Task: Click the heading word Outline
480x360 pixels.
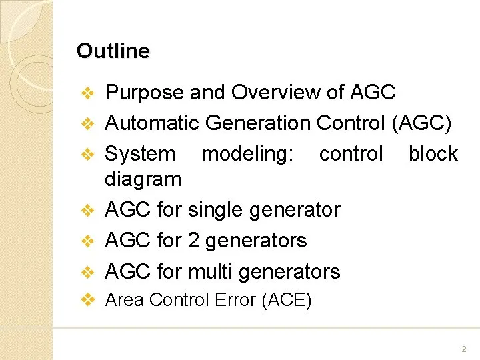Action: (x=113, y=51)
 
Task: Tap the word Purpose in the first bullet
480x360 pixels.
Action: (x=145, y=93)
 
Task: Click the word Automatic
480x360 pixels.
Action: (x=152, y=123)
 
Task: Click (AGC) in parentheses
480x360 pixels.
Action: (x=422, y=123)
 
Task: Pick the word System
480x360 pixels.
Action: (x=140, y=155)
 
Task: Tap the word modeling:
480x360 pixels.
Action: (x=247, y=155)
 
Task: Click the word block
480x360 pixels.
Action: (x=433, y=153)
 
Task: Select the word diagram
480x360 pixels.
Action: (x=143, y=180)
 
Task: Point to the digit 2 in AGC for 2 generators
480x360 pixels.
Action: (x=193, y=240)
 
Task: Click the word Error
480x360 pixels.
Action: (x=235, y=299)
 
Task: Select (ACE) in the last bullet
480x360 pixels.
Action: (x=287, y=300)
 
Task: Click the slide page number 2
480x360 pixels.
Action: (x=464, y=349)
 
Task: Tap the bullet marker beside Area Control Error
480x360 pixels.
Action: (x=88, y=300)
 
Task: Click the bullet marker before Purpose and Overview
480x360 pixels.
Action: (x=88, y=93)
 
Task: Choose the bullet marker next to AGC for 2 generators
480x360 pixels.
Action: (x=88, y=241)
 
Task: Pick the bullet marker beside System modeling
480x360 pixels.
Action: (x=88, y=154)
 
